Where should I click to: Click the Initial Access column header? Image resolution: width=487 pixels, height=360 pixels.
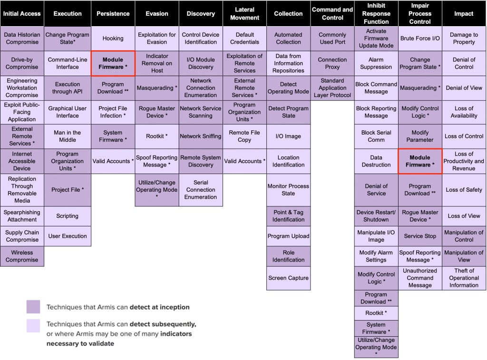[x=22, y=13]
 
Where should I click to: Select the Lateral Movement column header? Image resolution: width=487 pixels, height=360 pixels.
[x=244, y=13]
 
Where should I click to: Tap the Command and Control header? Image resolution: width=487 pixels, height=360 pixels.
[x=332, y=13]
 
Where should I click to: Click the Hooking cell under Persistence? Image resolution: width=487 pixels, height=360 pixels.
[x=113, y=38]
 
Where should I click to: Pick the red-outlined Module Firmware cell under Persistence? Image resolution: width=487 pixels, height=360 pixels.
[x=113, y=63]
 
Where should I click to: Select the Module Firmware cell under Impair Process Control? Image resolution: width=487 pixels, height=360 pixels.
[x=420, y=161]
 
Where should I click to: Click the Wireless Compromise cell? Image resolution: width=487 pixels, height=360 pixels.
[x=22, y=256]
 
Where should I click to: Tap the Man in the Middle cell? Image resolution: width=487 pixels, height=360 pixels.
[x=68, y=136]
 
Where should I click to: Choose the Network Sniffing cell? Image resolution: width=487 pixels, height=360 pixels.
[x=201, y=136]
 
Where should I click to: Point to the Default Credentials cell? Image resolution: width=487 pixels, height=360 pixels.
[x=244, y=38]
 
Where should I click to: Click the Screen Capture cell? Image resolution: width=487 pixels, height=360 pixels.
[x=288, y=278]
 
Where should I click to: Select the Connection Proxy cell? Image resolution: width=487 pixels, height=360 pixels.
[x=332, y=63]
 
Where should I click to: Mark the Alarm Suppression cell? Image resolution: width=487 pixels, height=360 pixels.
[x=376, y=63]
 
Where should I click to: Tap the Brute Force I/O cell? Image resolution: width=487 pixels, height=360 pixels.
[x=420, y=38]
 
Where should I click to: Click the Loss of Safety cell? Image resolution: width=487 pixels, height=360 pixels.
[x=464, y=190]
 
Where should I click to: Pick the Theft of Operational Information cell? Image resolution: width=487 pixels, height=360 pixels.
[x=464, y=278]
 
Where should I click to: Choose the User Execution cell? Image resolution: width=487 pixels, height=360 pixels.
[x=68, y=236]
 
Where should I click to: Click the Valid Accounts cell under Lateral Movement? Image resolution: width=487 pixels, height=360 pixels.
[x=244, y=161]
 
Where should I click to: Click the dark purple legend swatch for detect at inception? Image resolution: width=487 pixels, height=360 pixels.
[x=33, y=307]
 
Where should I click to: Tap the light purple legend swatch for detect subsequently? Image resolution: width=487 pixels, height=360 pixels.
[x=33, y=326]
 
